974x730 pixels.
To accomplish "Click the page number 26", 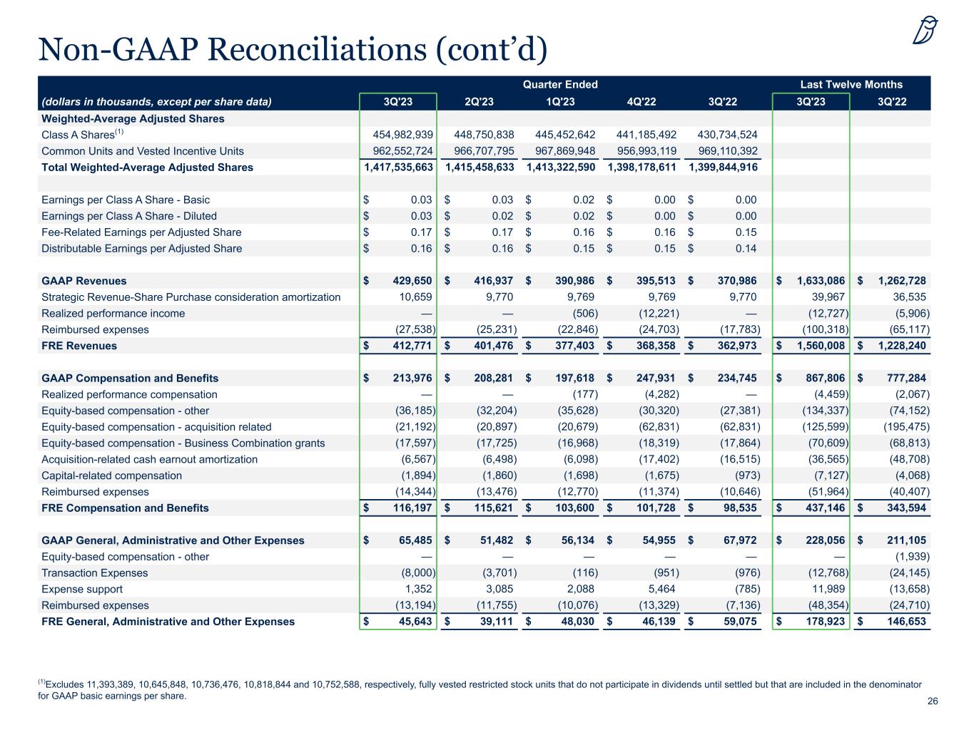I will tap(933, 701).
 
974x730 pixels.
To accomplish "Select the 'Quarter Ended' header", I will tap(560, 84).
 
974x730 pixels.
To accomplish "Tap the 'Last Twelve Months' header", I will tap(851, 84).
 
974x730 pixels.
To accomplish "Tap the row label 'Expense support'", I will tap(82, 590).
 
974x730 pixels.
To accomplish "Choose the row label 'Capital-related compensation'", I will tap(112, 475).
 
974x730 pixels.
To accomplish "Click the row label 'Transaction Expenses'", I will tap(95, 573).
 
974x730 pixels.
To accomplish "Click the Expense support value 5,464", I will tap(661, 590).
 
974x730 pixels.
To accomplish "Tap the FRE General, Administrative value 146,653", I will tap(901, 622).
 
